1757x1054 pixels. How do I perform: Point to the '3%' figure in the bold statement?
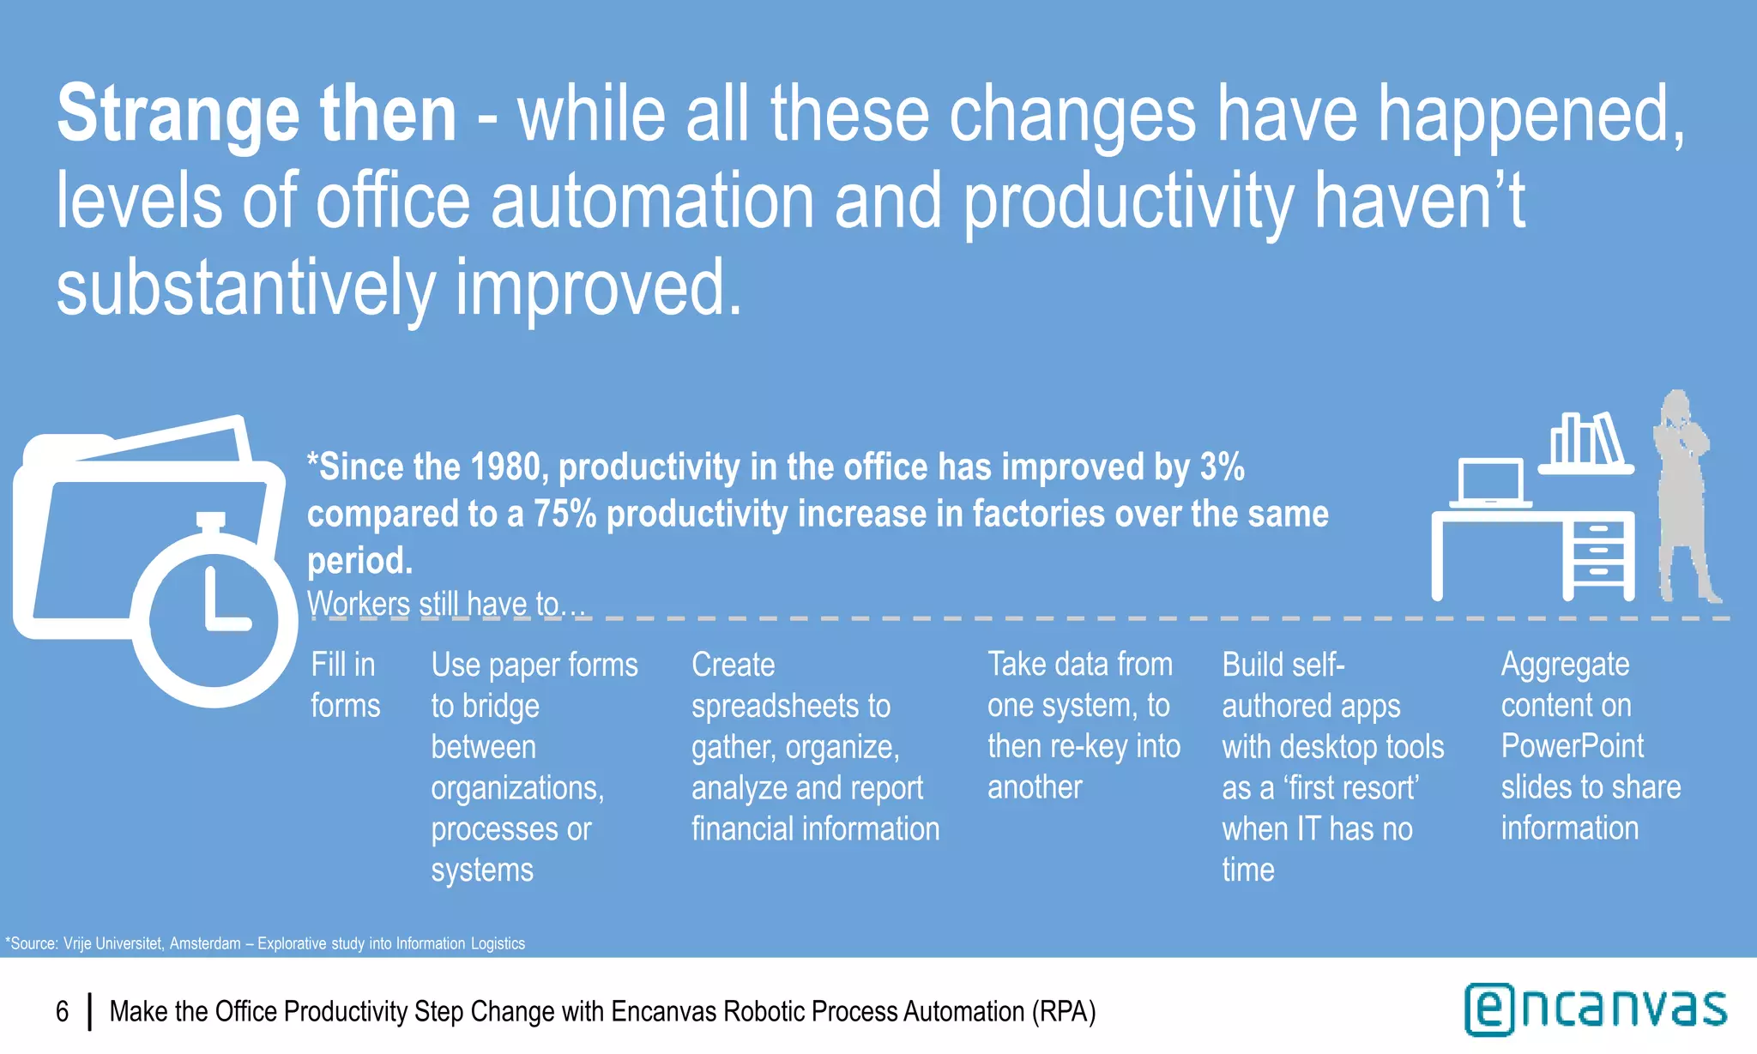click(x=1222, y=467)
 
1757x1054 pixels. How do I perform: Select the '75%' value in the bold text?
click(x=565, y=515)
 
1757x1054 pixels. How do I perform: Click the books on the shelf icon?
click(x=1585, y=442)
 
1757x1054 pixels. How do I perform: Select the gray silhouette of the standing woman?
click(x=1683, y=497)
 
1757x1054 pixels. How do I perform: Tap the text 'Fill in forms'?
click(x=344, y=684)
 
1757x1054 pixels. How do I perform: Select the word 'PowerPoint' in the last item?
click(x=1572, y=746)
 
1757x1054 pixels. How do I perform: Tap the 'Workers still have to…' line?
click(x=445, y=604)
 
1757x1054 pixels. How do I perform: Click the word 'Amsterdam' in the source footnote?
click(x=204, y=943)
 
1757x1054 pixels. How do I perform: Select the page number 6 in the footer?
click(x=62, y=1012)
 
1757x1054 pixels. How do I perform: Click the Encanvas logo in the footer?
click(x=1595, y=1009)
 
